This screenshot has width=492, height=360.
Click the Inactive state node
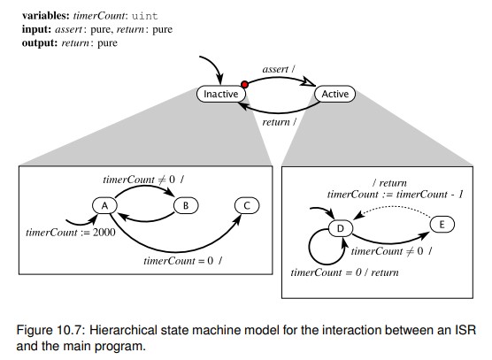tap(219, 94)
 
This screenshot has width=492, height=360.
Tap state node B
tap(186, 205)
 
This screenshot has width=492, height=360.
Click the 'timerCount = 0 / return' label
tap(347, 273)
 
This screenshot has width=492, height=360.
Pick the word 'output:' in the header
tap(25, 42)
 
